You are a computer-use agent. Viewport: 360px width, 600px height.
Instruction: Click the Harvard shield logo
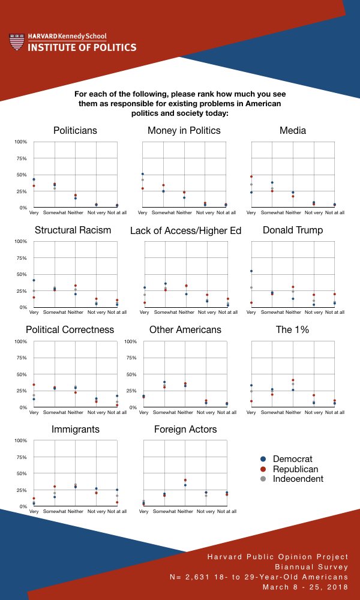(17, 42)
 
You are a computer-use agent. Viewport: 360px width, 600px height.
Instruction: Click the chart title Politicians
(75, 130)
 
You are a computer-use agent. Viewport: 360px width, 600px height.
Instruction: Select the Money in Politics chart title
(184, 130)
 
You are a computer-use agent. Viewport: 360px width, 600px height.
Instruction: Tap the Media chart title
(293, 130)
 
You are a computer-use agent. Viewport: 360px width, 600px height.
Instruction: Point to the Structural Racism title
(73, 230)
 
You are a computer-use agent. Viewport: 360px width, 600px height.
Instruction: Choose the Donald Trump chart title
(293, 230)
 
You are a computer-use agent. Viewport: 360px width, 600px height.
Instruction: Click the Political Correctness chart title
(70, 330)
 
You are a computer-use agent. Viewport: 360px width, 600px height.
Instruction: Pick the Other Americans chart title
(185, 330)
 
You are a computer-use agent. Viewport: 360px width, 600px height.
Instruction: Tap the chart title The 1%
(293, 330)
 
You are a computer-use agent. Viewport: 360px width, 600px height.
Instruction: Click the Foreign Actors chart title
(185, 430)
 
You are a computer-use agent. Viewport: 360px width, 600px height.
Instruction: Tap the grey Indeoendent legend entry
(296, 478)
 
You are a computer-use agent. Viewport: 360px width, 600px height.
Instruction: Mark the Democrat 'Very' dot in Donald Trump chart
(251, 271)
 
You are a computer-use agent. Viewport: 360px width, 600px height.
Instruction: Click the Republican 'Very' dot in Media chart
(251, 176)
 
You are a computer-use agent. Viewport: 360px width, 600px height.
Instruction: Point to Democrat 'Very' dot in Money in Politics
(143, 174)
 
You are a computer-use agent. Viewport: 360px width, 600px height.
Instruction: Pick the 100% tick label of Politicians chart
(21, 142)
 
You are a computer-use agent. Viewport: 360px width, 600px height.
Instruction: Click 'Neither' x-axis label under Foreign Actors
(185, 512)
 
